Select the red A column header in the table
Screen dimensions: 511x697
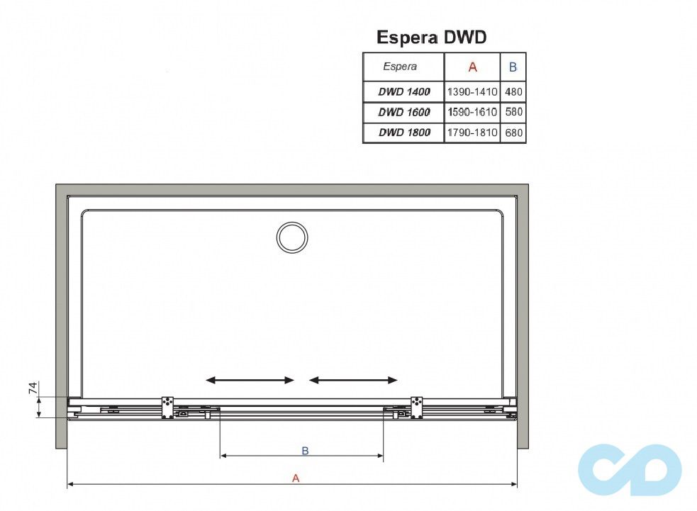click(472, 67)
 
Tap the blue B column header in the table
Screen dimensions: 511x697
click(513, 67)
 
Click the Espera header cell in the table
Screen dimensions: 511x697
click(401, 67)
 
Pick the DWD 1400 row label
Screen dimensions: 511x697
click(403, 92)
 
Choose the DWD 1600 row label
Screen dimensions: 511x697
click(403, 112)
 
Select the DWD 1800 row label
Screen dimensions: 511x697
click(403, 133)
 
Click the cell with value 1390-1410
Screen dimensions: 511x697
click(472, 92)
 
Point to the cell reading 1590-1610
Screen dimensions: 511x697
click(472, 112)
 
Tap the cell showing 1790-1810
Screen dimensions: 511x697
click(472, 133)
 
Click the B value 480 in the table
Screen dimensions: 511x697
click(513, 92)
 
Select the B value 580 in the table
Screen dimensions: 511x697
click(513, 112)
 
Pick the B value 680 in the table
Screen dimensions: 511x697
click(513, 133)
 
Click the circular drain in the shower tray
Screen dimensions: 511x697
click(291, 237)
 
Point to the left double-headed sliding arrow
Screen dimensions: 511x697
click(250, 381)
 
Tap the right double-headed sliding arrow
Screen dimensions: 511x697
click(353, 381)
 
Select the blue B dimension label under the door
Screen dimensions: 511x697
click(305, 450)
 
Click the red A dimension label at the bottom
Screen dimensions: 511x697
click(296, 478)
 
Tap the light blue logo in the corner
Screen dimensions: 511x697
click(630, 469)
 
